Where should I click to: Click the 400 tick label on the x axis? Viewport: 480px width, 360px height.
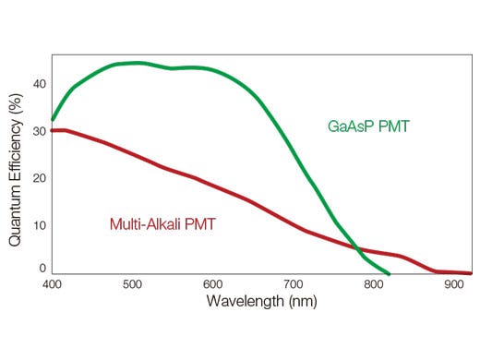tap(52, 287)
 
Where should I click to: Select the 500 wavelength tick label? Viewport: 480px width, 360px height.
tap(132, 287)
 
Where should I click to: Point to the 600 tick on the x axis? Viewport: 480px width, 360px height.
tap(212, 287)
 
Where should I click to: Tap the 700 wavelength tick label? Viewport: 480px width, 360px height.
tap(293, 287)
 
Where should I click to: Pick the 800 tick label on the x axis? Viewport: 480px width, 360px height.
tap(373, 287)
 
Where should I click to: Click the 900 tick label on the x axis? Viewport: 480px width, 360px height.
tap(453, 287)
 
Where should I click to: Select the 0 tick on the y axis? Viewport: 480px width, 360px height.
tap(42, 269)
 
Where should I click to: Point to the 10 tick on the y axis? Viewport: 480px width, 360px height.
tap(39, 224)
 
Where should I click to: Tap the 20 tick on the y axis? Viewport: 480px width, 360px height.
tap(39, 177)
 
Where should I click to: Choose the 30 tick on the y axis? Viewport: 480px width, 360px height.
tap(39, 131)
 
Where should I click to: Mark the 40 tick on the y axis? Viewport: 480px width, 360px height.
tap(39, 84)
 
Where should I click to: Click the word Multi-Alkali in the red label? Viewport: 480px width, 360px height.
tap(142, 223)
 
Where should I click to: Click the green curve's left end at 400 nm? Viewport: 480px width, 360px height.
tap(53, 120)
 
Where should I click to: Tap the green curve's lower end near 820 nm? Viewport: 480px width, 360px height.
tap(389, 274)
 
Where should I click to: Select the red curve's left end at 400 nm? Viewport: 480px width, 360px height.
tap(53, 130)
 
